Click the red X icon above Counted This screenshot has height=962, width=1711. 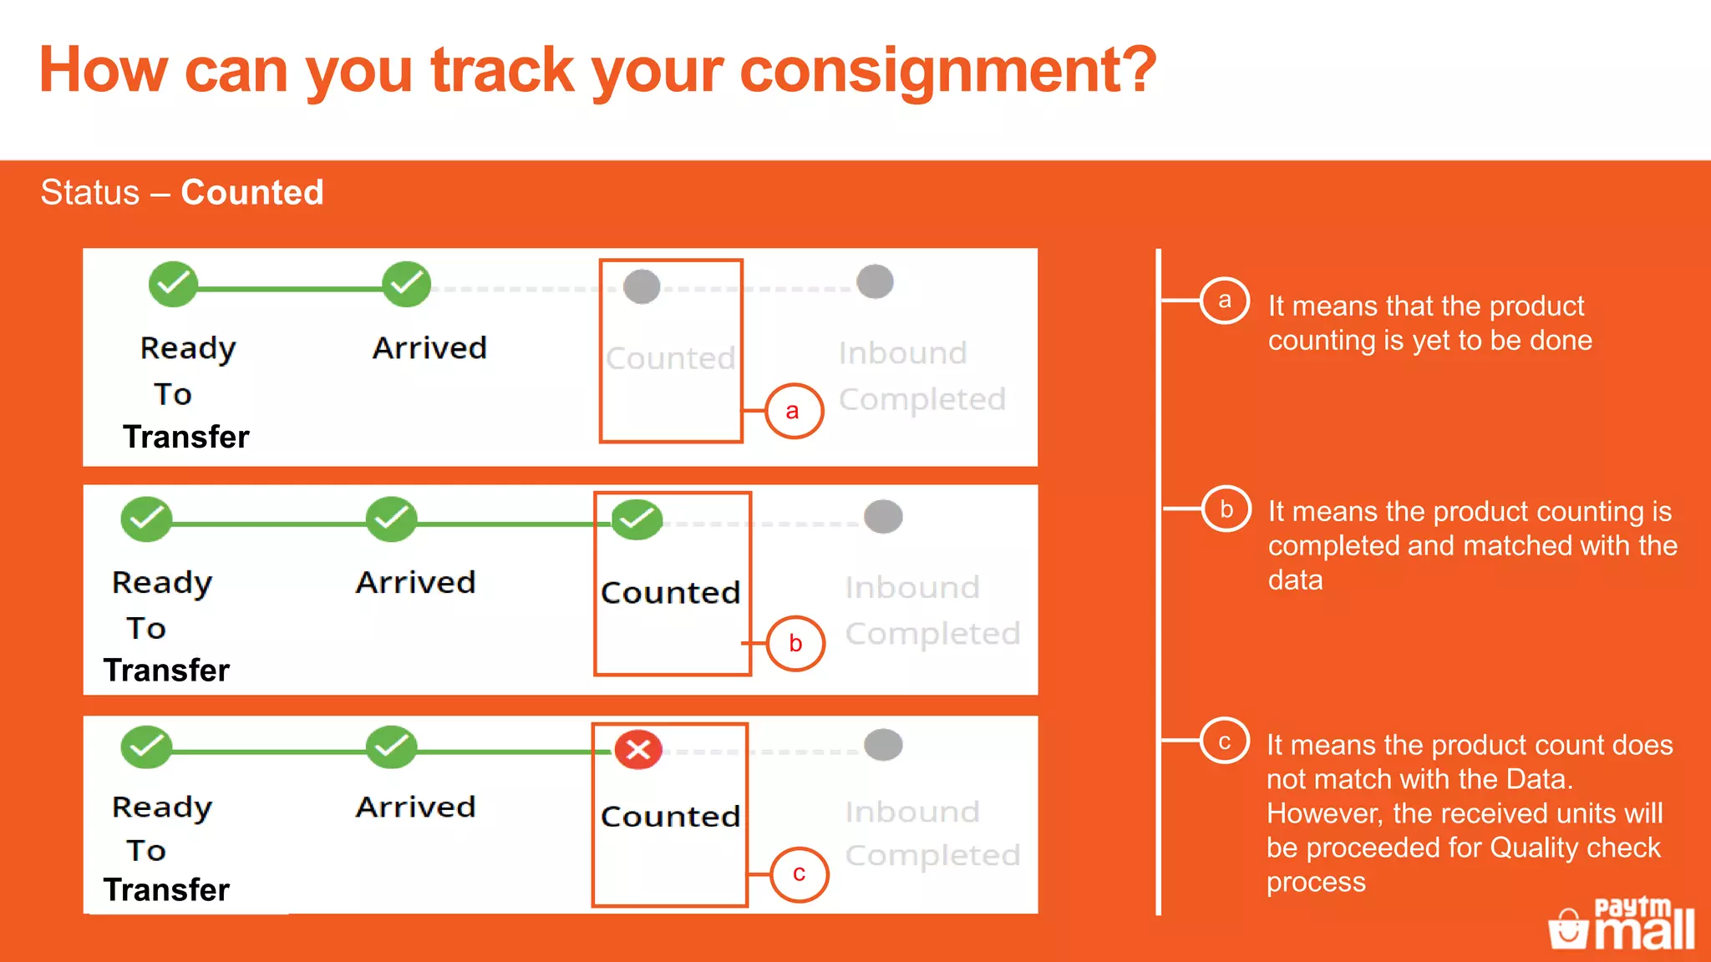[x=638, y=749]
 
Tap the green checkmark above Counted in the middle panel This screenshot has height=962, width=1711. [x=637, y=519]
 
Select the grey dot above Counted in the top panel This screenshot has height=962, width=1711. [x=642, y=286]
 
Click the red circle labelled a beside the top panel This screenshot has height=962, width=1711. [x=794, y=411]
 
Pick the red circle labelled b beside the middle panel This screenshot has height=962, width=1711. [x=795, y=643]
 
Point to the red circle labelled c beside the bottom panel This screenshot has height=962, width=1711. [x=799, y=874]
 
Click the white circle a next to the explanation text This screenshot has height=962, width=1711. [x=1225, y=301]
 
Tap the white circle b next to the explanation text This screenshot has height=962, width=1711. [x=1226, y=509]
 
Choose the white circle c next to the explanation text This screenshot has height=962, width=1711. [x=1225, y=742]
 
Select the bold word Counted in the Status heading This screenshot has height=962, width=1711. [x=252, y=192]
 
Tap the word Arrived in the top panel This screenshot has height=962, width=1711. [x=429, y=348]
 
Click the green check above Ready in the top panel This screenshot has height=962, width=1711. [x=173, y=284]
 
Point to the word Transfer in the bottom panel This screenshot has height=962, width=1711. [x=167, y=889]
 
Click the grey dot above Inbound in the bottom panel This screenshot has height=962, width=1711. [x=883, y=744]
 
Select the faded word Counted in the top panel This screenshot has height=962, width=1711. [x=670, y=358]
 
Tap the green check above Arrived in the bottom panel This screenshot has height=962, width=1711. [x=391, y=747]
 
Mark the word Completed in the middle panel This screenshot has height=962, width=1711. [x=932, y=634]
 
